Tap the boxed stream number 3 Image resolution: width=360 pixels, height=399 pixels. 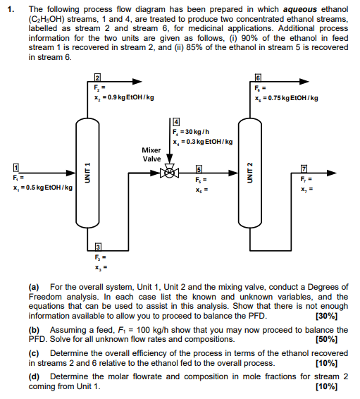99,244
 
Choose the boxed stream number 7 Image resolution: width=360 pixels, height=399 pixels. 304,167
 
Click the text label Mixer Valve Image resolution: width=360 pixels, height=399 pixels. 151,154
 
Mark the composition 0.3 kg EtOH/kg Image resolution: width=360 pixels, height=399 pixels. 206,142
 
